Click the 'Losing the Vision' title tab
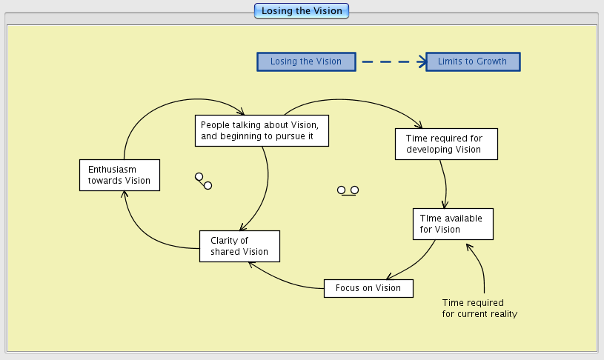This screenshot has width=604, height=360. click(301, 10)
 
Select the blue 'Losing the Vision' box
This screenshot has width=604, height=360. click(306, 61)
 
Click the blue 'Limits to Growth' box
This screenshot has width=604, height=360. click(473, 61)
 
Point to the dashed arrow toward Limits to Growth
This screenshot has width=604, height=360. click(391, 61)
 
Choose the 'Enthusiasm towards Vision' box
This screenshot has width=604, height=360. click(119, 175)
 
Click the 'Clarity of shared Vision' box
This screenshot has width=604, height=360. click(239, 246)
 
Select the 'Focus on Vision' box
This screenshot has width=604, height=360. click(368, 288)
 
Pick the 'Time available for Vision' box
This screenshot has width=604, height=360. click(453, 224)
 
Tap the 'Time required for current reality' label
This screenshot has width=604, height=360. click(479, 308)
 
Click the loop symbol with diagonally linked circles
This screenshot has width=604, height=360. click(203, 181)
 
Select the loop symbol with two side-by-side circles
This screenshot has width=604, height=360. click(348, 190)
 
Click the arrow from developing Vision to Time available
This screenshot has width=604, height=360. click(444, 182)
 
